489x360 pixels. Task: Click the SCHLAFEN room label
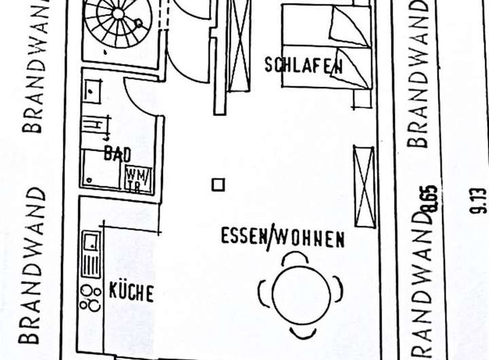[304, 65]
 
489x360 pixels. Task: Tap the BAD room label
[117, 154]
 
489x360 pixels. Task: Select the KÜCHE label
[132, 293]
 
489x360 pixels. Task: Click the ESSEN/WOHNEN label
[283, 238]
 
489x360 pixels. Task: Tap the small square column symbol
[218, 185]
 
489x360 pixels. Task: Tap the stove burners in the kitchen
[90, 297]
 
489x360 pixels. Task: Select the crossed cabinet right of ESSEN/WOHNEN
[363, 185]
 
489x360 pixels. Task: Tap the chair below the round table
[302, 332]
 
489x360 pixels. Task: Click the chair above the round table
[295, 257]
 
